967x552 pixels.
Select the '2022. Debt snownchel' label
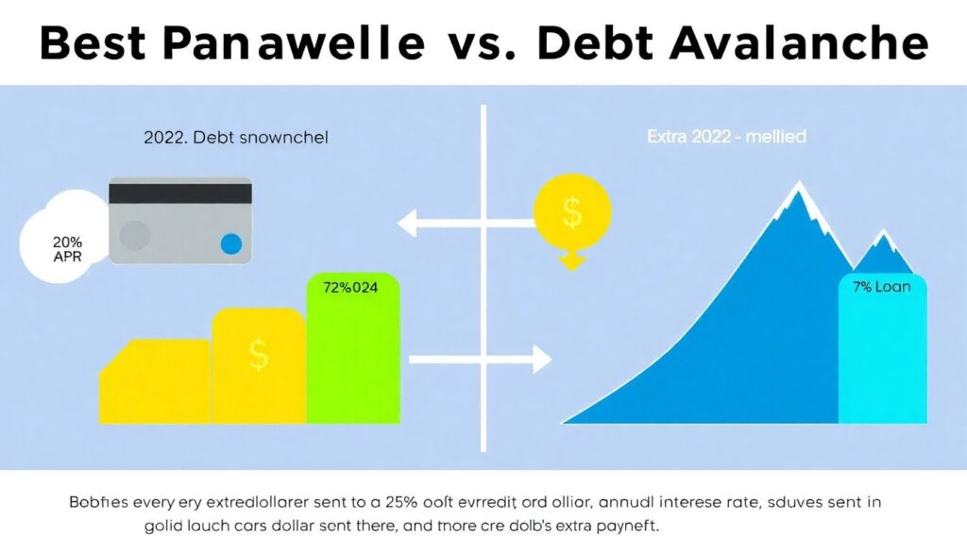click(235, 138)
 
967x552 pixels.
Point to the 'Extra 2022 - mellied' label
click(725, 138)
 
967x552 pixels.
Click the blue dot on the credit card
click(229, 245)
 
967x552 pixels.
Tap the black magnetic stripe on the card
click(180, 193)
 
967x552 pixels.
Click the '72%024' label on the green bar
click(350, 289)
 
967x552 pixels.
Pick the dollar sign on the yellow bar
click(259, 355)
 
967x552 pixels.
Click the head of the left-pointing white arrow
click(408, 225)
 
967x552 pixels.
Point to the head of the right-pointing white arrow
click(541, 359)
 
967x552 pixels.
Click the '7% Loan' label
click(881, 286)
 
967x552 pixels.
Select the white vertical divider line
click(483, 283)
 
